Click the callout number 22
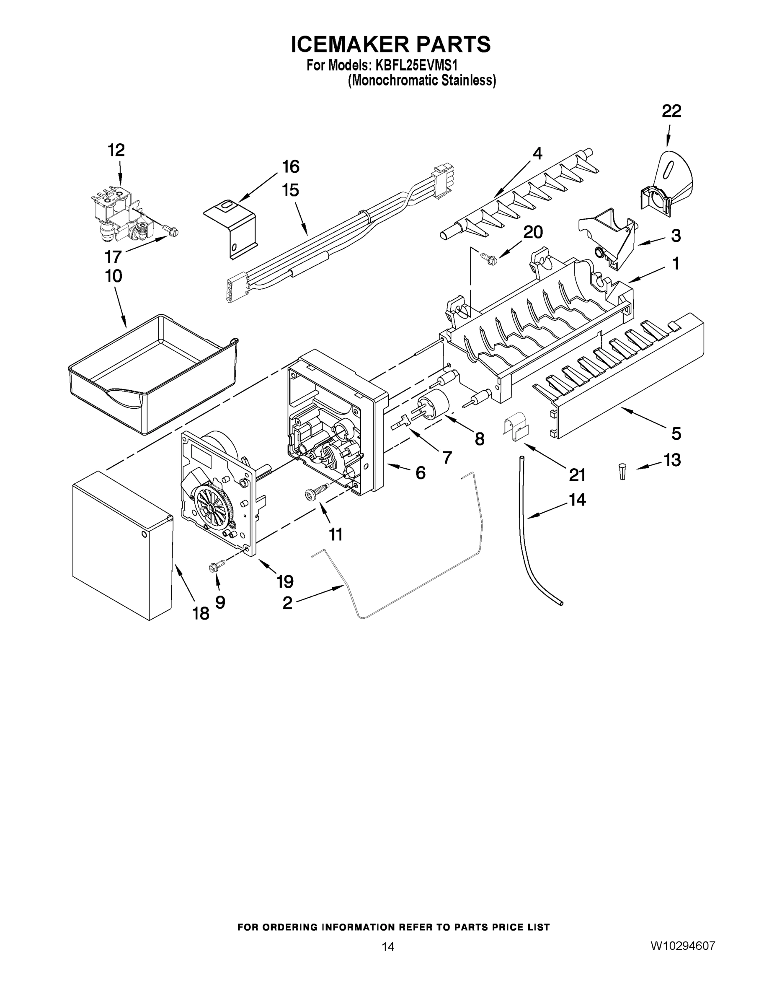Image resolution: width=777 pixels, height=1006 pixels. pyautogui.click(x=671, y=111)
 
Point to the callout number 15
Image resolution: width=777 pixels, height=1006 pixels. pyautogui.click(x=290, y=190)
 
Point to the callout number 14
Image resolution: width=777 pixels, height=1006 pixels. pyautogui.click(x=577, y=499)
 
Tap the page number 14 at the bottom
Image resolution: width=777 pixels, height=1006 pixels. pyautogui.click(x=388, y=946)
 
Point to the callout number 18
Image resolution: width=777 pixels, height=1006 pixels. pyautogui.click(x=201, y=613)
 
